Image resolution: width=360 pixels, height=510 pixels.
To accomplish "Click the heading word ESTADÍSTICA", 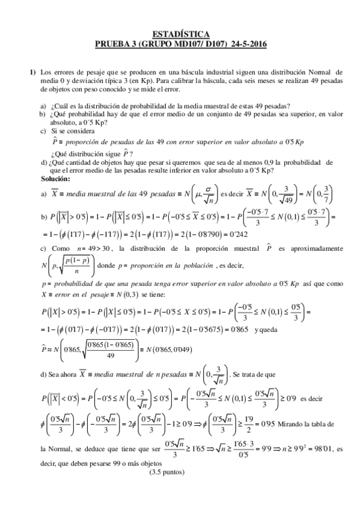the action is tap(180, 35).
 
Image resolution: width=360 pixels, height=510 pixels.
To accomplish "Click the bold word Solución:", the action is tap(55, 179).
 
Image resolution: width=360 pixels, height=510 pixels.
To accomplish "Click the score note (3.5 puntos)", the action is tap(168, 472).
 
